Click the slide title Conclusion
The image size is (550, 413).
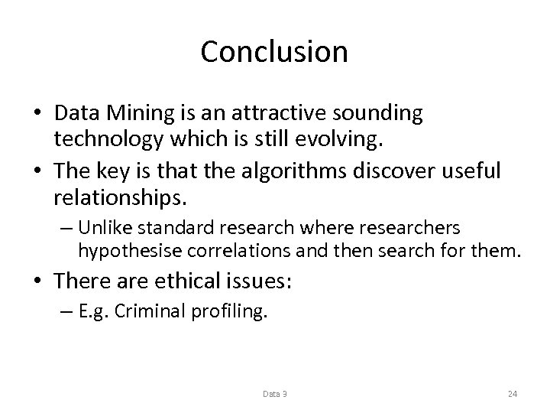coord(274,52)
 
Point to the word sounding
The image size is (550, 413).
coord(384,113)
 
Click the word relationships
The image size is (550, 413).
coord(120,197)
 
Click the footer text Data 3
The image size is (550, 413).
coord(275,394)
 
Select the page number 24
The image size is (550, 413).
coord(513,394)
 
